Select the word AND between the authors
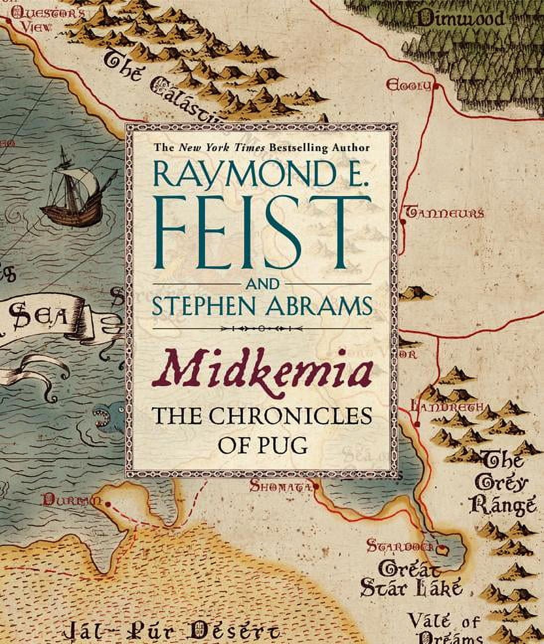pyautogui.click(x=262, y=284)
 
